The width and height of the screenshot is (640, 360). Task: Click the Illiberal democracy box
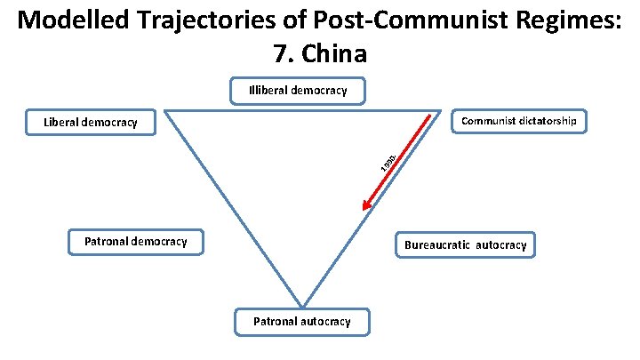[x=298, y=90]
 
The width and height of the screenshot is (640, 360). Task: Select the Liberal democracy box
[x=90, y=122]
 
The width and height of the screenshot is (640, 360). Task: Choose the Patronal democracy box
[x=135, y=241]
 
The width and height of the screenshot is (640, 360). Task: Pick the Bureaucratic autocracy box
[x=466, y=244]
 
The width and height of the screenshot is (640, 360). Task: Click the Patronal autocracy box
[x=302, y=322]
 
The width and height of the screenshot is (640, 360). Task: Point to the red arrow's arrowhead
[x=364, y=210]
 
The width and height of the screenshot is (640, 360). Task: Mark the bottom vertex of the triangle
[x=302, y=307]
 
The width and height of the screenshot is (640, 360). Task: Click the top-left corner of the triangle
[x=164, y=111]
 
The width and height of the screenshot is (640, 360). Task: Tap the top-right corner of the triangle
[x=442, y=111]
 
